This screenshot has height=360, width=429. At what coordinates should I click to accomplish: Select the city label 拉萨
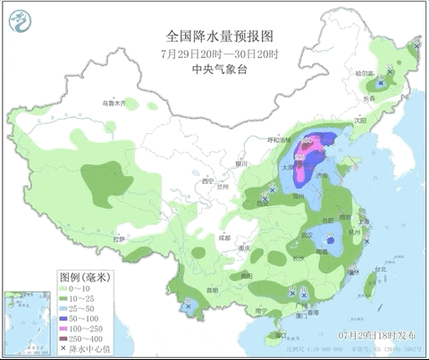119,239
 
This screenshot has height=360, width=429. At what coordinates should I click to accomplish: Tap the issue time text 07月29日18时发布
373,334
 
